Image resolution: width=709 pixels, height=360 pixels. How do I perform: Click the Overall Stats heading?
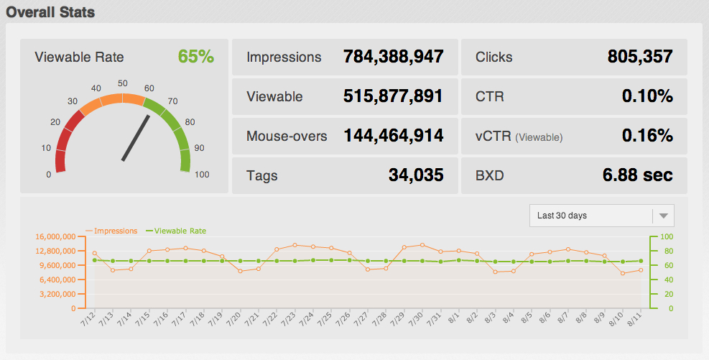50,12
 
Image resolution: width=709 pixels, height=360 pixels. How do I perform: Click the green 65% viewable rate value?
195,57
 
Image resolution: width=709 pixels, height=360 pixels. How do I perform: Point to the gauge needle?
135,138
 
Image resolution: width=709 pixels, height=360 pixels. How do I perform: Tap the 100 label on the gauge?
202,175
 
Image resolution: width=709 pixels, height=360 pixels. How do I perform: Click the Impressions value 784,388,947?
393,57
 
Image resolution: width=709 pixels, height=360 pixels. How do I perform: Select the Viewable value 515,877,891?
393,97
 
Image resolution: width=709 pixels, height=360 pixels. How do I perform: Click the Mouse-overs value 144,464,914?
393,136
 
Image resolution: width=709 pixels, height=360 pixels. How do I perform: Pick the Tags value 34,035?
412,175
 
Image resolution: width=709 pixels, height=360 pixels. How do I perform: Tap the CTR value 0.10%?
647,97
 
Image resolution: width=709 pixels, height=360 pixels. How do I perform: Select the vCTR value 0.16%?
647,136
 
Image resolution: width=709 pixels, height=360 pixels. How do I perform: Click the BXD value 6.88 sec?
638,175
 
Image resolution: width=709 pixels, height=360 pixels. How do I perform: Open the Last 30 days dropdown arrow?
664,216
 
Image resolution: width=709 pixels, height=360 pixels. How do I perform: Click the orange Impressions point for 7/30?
422,245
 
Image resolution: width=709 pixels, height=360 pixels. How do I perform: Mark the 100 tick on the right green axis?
667,236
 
